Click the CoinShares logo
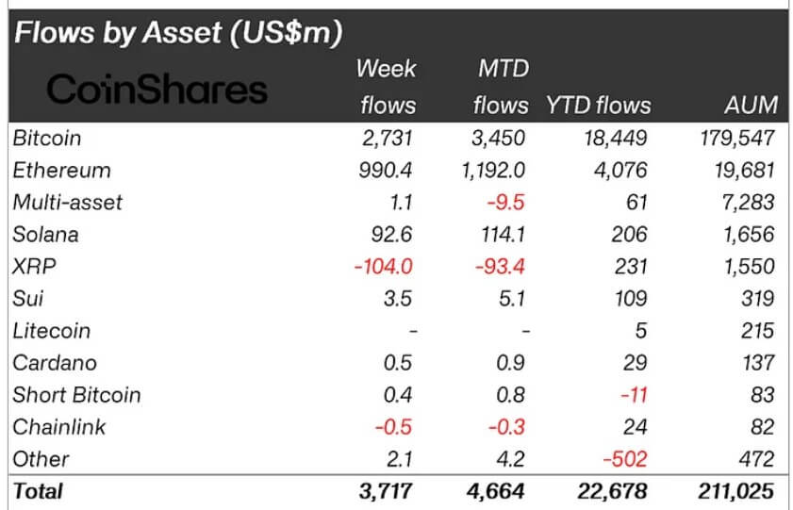[157, 90]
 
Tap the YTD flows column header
[598, 105]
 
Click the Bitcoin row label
[47, 138]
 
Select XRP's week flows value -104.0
[385, 267]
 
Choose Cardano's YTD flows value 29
[635, 363]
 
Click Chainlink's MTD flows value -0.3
[506, 427]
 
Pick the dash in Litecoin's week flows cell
[410, 332]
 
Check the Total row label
[39, 491]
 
